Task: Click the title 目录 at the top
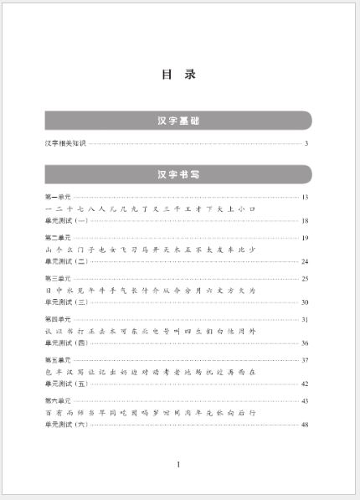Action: click(178, 75)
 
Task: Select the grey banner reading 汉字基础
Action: click(178, 121)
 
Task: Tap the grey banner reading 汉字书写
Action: click(178, 175)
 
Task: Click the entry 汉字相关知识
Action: click(65, 144)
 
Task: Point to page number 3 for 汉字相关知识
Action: click(307, 144)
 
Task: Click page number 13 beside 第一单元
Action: click(306, 197)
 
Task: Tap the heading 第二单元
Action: click(58, 238)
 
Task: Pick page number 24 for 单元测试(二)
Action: click(306, 261)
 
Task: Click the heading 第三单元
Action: click(58, 278)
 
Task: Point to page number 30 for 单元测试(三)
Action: click(306, 302)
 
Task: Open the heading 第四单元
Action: click(58, 319)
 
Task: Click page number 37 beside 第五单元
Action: click(306, 360)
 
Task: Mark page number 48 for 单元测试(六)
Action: click(306, 425)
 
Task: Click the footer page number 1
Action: click(178, 464)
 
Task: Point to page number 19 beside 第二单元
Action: click(306, 238)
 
